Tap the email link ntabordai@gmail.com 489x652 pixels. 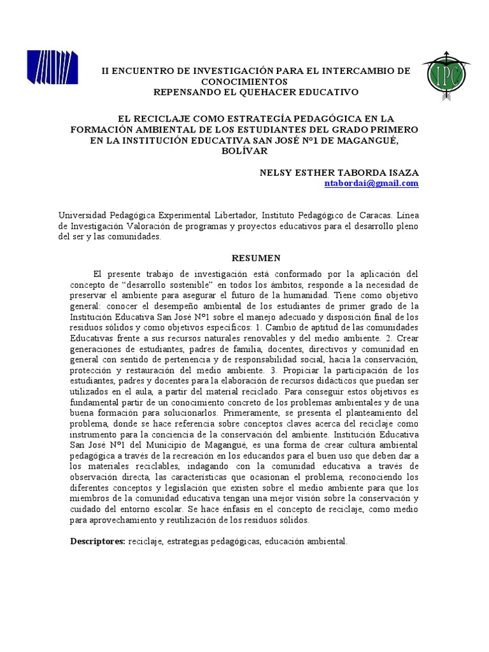coord(371,183)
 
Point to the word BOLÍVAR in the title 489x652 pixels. coord(244,151)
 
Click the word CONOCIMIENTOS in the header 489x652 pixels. coord(244,81)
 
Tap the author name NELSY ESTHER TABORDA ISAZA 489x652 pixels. coord(339,173)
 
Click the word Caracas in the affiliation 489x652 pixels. coord(364,216)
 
